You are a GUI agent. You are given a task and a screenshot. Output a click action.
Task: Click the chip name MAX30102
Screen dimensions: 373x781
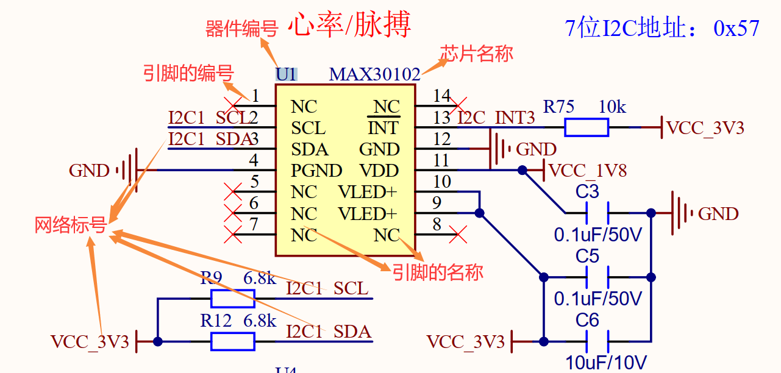374,74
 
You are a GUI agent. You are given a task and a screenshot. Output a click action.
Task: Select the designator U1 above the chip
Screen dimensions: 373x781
286,74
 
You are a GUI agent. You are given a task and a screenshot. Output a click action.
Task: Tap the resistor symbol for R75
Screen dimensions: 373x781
586,127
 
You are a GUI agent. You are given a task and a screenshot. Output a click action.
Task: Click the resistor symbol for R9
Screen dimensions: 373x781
232,299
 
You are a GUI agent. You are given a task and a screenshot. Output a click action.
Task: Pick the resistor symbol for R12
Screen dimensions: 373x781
232,342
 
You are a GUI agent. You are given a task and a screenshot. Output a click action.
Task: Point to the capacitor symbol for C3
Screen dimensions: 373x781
597,213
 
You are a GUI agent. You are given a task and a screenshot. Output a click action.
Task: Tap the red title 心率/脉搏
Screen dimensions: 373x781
349,26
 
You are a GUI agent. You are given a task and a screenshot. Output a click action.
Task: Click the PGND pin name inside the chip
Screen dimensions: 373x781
316,171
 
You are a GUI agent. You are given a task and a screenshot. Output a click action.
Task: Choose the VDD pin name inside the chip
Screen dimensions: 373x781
379,171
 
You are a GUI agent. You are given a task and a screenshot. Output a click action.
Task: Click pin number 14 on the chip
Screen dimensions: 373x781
441,96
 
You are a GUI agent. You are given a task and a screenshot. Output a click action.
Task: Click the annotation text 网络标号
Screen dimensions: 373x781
71,225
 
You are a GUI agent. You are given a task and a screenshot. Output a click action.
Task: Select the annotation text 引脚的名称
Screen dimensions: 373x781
437,272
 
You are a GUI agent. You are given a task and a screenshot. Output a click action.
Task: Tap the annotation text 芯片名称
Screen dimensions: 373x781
476,54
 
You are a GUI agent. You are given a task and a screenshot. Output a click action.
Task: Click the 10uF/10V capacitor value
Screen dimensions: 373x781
606,362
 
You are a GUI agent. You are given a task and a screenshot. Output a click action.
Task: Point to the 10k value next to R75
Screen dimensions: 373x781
612,107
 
